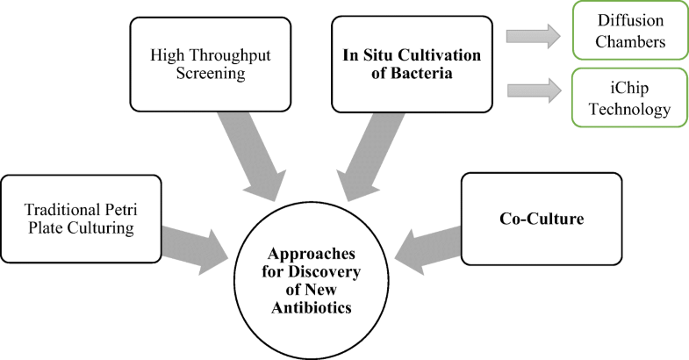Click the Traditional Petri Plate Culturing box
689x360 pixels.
[x=81, y=220]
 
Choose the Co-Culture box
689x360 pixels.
[x=528, y=219]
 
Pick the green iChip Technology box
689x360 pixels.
[x=625, y=99]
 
